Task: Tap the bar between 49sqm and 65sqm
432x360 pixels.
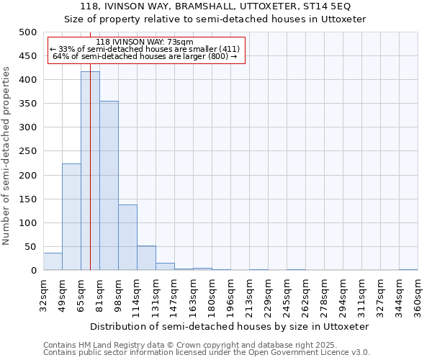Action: click(x=71, y=217)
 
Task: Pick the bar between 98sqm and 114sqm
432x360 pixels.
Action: click(x=127, y=238)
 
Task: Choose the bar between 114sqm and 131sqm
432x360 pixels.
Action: click(x=146, y=258)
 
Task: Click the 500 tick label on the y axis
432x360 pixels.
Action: click(x=28, y=32)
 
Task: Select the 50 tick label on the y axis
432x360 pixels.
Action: click(x=30, y=247)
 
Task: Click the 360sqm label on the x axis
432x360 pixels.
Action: click(x=418, y=296)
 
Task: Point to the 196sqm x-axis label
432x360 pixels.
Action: click(x=230, y=296)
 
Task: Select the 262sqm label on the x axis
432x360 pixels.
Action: click(x=305, y=296)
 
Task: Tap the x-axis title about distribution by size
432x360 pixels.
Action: click(x=230, y=326)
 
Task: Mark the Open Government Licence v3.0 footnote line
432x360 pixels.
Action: click(x=207, y=353)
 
